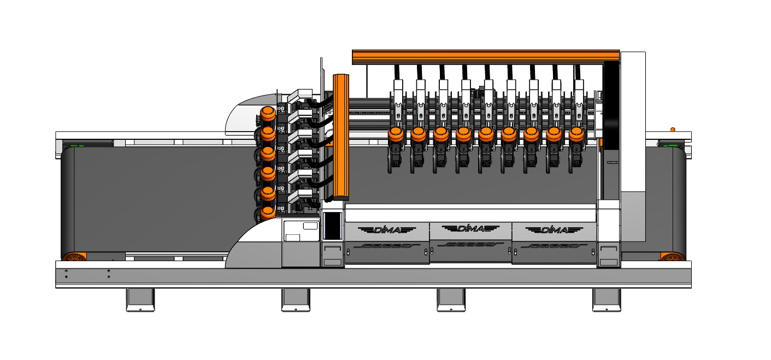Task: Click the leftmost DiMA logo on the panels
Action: click(387, 229)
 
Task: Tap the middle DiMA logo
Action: click(470, 228)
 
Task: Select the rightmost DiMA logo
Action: click(554, 229)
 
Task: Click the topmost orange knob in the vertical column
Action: click(267, 114)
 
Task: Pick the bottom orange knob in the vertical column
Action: click(267, 214)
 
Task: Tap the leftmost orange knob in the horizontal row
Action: click(396, 134)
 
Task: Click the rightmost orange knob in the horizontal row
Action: click(576, 134)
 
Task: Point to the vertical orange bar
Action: click(341, 137)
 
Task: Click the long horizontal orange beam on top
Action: click(486, 57)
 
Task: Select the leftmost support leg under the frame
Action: click(140, 300)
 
